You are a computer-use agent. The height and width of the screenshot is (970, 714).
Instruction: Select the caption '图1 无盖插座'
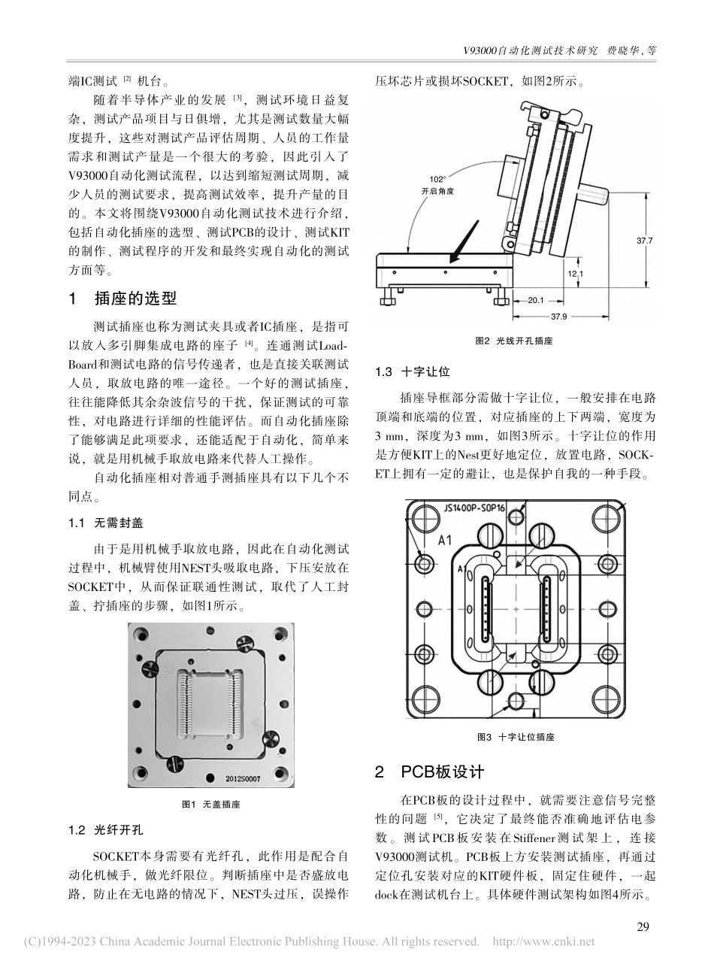click(x=211, y=804)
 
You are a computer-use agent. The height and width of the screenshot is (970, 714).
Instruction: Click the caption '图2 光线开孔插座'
click(x=514, y=341)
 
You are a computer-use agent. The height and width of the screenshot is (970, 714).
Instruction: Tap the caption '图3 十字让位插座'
click(x=515, y=737)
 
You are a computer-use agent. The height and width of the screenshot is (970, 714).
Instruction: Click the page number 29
click(x=643, y=926)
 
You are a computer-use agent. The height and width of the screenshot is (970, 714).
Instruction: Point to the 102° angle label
click(x=437, y=179)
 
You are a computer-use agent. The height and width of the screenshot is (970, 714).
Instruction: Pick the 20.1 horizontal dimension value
click(x=535, y=301)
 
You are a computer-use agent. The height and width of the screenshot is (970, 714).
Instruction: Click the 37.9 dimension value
click(x=579, y=316)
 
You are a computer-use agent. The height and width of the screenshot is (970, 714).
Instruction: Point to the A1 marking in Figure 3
click(x=445, y=539)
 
